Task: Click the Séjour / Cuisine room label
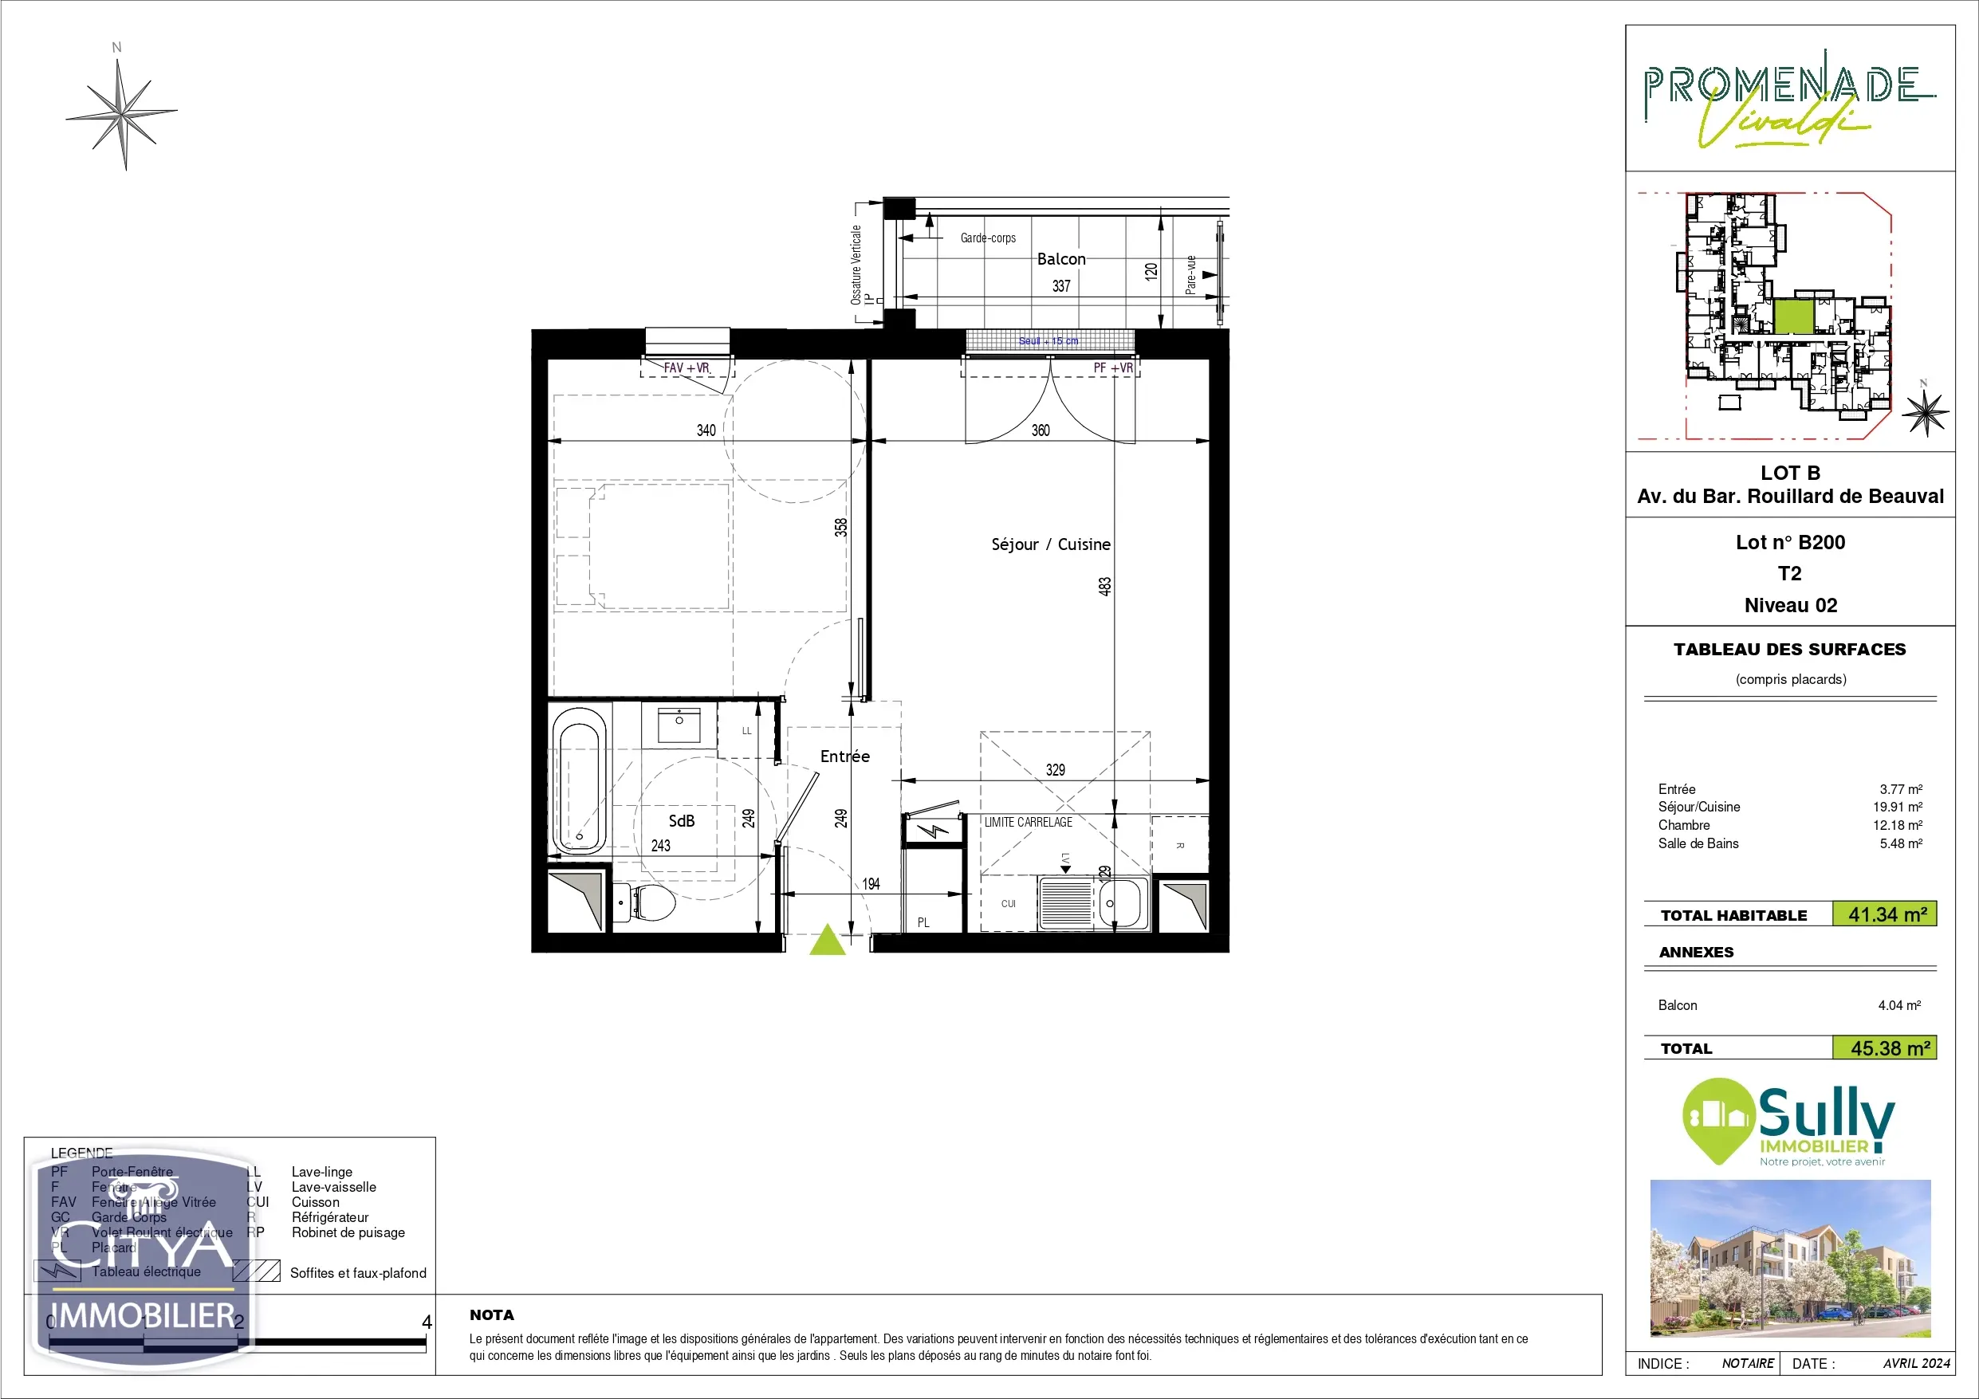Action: coord(1050,544)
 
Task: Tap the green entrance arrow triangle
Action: coord(828,941)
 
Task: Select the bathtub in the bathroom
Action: coord(579,781)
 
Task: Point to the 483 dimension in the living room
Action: coord(1105,586)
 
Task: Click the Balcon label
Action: coord(1061,258)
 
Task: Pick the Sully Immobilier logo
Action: coord(1789,1122)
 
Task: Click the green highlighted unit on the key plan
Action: coord(1793,316)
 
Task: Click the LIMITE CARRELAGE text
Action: coord(1029,823)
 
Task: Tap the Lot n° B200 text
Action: coord(1789,542)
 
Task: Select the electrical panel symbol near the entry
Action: coord(932,831)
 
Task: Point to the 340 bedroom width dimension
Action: coord(706,430)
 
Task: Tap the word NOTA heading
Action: coord(491,1315)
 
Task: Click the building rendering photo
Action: coord(1789,1258)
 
